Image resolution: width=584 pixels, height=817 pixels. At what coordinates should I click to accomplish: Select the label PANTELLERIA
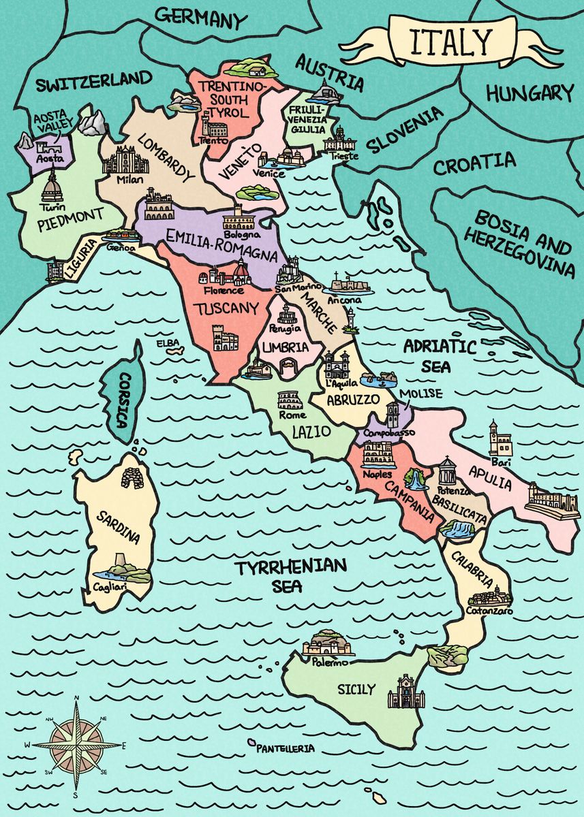click(x=286, y=748)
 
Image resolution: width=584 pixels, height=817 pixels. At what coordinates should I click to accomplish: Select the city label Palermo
click(x=331, y=662)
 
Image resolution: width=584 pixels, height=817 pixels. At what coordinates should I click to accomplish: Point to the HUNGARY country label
click(x=530, y=93)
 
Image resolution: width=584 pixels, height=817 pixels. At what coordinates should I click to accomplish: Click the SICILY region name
click(x=356, y=690)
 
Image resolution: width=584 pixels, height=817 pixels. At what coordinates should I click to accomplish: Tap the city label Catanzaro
click(x=489, y=611)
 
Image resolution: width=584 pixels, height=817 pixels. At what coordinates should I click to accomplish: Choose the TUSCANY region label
click(x=226, y=308)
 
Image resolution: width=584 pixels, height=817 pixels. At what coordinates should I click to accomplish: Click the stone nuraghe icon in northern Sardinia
click(x=133, y=475)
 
